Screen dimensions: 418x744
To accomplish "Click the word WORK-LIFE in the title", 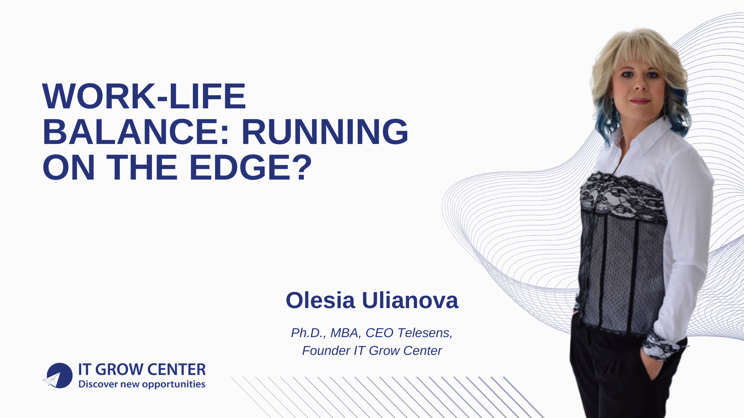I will [x=144, y=96].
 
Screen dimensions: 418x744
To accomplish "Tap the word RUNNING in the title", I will [x=325, y=132].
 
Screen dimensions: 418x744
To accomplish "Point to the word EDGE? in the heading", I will [x=250, y=168].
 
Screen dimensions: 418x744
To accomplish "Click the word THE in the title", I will [x=142, y=168].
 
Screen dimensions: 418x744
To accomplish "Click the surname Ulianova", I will [x=410, y=300].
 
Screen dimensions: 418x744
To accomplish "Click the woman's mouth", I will [x=640, y=101].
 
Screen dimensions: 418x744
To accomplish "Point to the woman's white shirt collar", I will [x=651, y=137].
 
